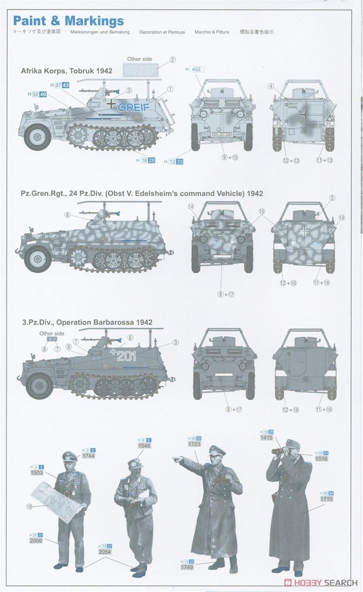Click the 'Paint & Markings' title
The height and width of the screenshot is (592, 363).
(x=68, y=21)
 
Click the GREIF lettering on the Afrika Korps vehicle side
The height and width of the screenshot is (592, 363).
(x=133, y=107)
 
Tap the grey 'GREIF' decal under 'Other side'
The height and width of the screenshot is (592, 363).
(x=141, y=70)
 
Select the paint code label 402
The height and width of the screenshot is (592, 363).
(x=196, y=69)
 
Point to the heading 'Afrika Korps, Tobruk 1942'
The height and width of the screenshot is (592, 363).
(x=66, y=71)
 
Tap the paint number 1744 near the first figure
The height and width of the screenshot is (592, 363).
(x=88, y=456)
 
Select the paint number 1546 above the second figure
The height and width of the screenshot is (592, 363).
(x=144, y=446)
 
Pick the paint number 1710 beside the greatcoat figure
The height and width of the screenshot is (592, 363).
(x=326, y=499)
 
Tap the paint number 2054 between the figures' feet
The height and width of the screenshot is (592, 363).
(x=105, y=552)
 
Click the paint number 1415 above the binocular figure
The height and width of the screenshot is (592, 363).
(x=266, y=438)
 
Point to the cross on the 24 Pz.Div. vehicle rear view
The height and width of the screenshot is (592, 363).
(x=304, y=231)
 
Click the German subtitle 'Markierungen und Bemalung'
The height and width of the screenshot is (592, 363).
(x=100, y=32)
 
